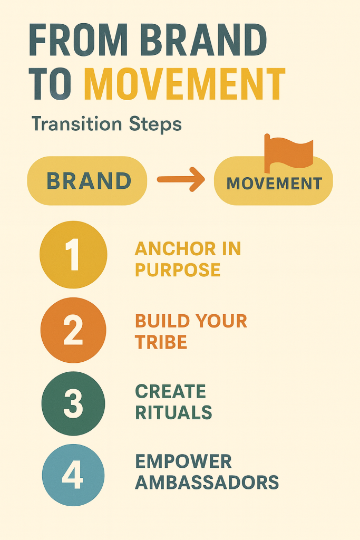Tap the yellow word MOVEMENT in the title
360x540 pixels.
click(185, 84)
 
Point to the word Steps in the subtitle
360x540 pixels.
click(155, 124)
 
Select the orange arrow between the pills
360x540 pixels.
click(181, 179)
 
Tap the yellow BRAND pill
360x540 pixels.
click(87, 181)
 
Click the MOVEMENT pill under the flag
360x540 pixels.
click(274, 181)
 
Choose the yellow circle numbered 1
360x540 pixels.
click(73, 255)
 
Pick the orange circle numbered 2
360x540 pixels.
click(73, 330)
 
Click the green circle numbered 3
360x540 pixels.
click(73, 403)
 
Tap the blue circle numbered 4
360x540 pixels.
click(73, 475)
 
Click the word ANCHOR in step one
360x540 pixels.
click(175, 249)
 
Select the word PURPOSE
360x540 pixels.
click(178, 269)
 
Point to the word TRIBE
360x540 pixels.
click(161, 342)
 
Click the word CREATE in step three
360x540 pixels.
click(171, 392)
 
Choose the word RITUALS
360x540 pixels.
click(173, 412)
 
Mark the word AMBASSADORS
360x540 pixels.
click(207, 482)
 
